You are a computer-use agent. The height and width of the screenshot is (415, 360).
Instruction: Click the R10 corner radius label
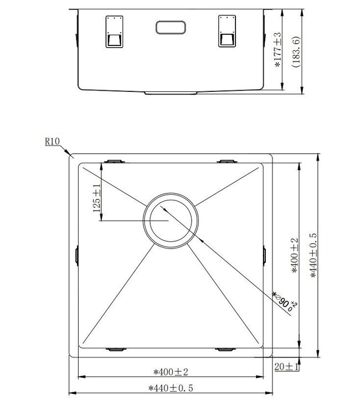point(52,142)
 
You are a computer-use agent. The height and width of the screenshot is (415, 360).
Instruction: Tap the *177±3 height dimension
point(279,50)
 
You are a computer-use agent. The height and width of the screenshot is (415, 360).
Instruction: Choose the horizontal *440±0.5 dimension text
point(171,388)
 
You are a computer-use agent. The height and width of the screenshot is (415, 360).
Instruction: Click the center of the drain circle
point(169,220)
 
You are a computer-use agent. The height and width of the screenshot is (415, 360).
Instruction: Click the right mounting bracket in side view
point(227,32)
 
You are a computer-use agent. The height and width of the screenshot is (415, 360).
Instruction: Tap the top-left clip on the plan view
point(115,161)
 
